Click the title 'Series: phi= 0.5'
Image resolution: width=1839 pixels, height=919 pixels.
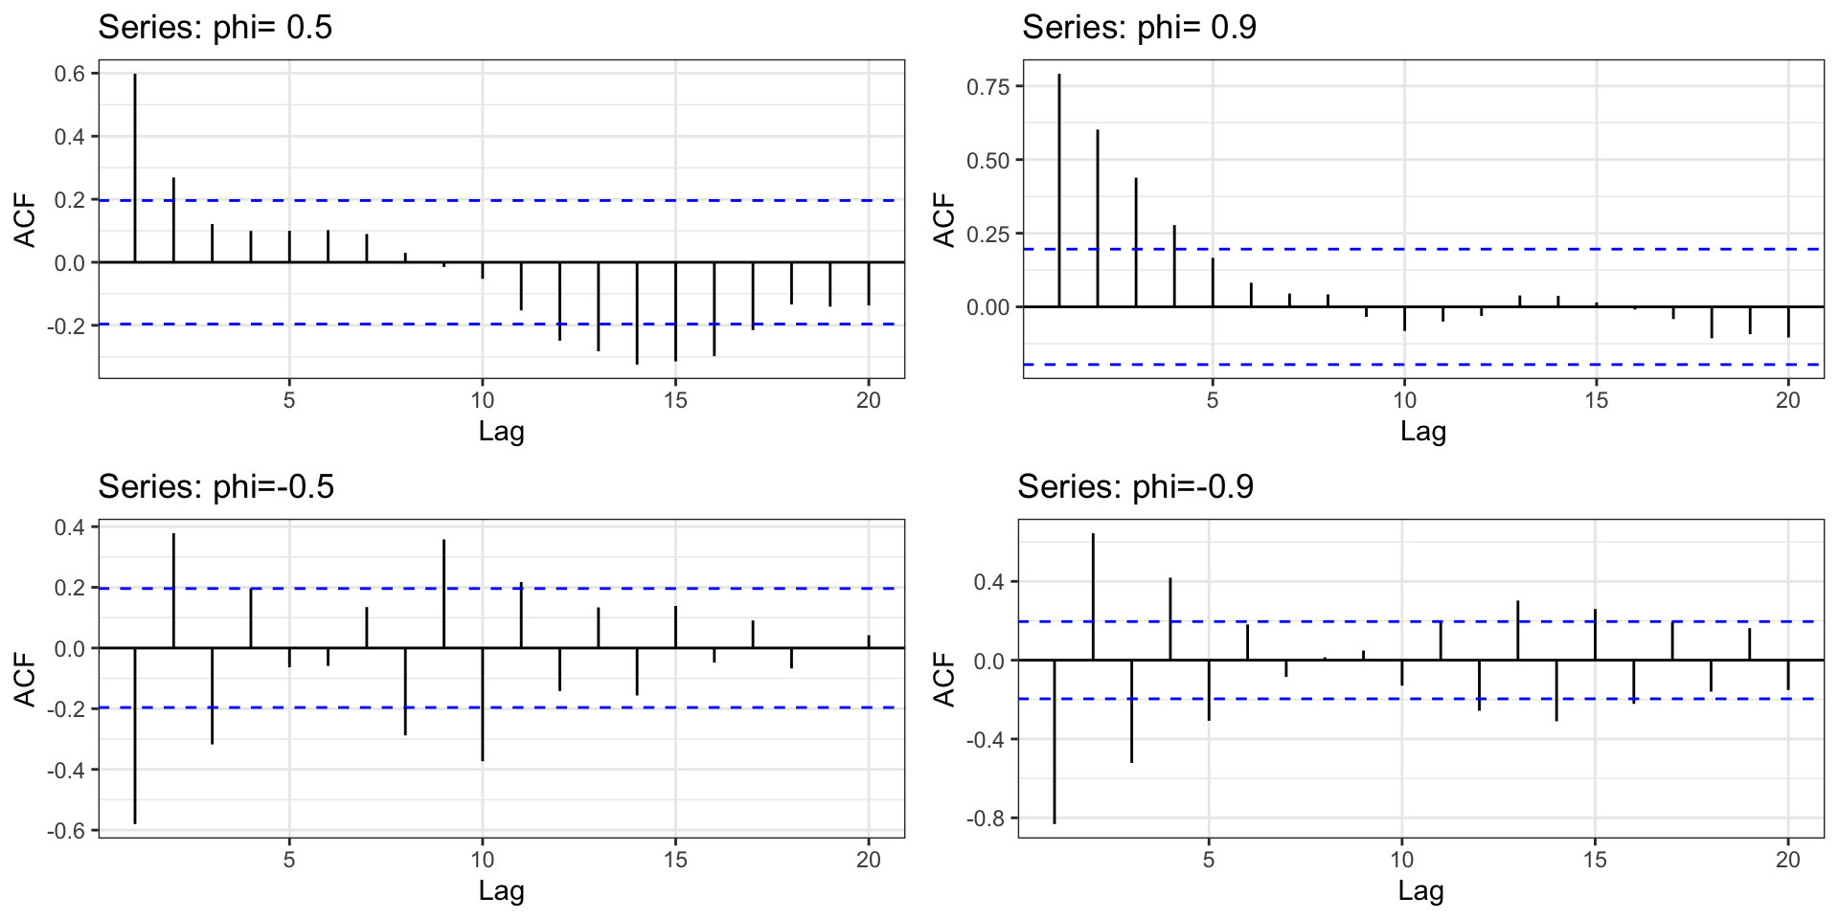click(x=216, y=27)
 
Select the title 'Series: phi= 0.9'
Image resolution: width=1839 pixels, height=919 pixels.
click(x=1139, y=27)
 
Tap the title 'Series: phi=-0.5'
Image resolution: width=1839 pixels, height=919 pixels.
click(x=216, y=486)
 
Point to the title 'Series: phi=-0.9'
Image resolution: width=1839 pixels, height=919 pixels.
click(x=1135, y=486)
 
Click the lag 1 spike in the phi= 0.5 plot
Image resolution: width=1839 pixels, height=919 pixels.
click(x=135, y=168)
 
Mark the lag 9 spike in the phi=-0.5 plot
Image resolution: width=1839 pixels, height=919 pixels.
click(x=444, y=594)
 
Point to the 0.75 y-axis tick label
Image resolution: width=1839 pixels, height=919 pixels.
click(x=988, y=87)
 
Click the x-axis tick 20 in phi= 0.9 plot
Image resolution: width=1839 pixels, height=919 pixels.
click(x=1788, y=400)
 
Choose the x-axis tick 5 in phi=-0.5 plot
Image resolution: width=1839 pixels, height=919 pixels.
click(x=289, y=860)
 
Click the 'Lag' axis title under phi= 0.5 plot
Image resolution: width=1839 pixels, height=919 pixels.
click(x=501, y=432)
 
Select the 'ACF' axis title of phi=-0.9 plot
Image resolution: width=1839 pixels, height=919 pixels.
click(x=944, y=679)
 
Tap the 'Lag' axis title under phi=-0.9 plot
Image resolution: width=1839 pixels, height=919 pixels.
click(x=1420, y=891)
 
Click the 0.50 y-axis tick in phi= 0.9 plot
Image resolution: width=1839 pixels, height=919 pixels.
click(x=988, y=161)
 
